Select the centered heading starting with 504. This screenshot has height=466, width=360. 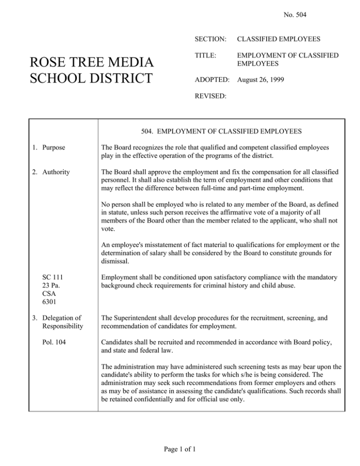[221, 132]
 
